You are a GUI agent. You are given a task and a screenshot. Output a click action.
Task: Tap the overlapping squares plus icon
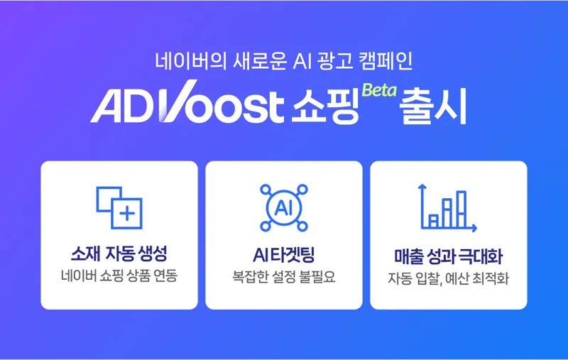pos(119,207)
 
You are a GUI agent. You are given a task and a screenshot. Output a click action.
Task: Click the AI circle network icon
pos(283,207)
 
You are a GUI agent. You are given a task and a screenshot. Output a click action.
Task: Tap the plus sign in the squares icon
pos(128,213)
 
